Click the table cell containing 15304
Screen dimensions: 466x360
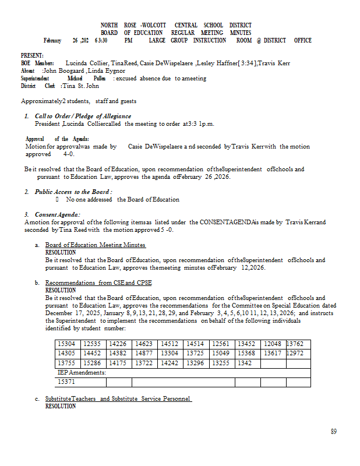point(66,344)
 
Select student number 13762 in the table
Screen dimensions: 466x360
point(295,344)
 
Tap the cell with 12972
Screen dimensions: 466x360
point(295,354)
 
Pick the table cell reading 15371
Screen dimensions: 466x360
point(66,382)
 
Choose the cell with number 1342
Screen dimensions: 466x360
point(245,363)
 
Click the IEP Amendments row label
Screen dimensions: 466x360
point(81,372)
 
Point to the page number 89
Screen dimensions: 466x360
point(334,432)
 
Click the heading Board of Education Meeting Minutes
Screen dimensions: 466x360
point(96,245)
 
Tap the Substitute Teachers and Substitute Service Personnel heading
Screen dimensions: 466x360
point(118,398)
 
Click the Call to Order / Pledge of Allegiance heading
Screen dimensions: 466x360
point(83,116)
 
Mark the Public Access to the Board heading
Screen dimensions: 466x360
point(73,192)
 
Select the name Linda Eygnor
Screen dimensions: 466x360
point(107,70)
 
